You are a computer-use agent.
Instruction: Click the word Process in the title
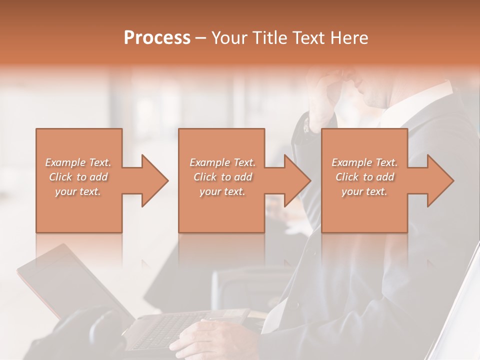tap(157, 38)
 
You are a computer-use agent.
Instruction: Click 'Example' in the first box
tap(64, 162)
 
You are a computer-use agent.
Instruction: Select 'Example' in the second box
tap(209, 162)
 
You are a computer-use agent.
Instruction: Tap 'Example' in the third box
tap(351, 162)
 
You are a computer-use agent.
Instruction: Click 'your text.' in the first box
tap(78, 191)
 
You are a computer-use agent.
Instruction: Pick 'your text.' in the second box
tap(222, 191)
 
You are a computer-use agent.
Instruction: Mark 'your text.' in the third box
tap(364, 191)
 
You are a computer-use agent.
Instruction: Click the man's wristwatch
tap(305, 125)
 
